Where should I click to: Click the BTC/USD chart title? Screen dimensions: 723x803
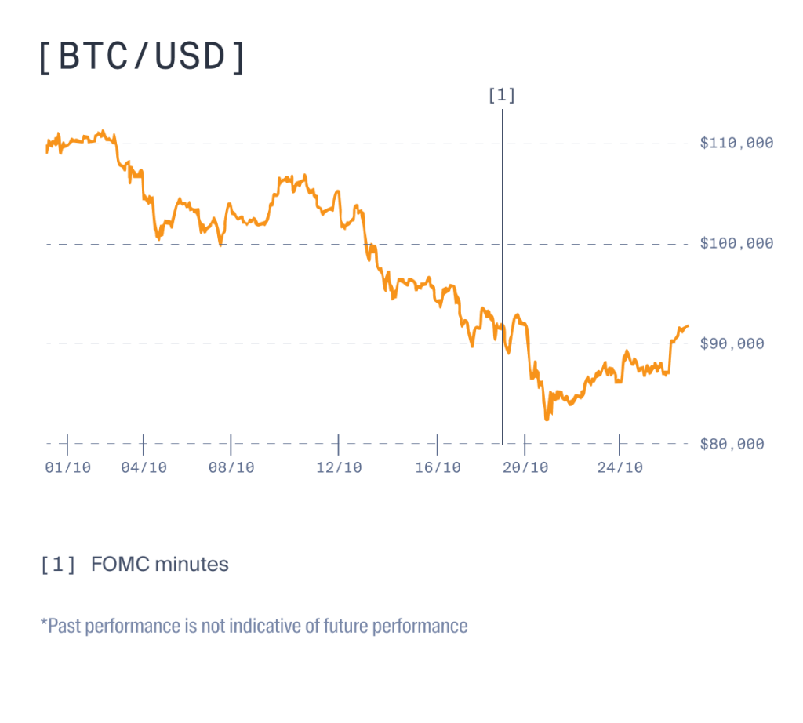(142, 59)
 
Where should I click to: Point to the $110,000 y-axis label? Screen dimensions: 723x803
(736, 143)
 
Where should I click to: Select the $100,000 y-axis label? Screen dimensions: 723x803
(736, 243)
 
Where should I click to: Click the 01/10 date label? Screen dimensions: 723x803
(68, 467)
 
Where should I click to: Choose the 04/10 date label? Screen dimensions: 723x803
(144, 467)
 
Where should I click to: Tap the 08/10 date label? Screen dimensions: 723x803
(231, 467)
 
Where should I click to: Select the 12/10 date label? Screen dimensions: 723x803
(339, 467)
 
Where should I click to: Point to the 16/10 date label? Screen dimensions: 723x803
(438, 467)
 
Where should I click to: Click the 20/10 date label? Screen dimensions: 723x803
(525, 467)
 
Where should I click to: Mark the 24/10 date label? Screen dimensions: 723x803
(620, 467)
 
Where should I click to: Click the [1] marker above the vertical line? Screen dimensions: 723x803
(502, 96)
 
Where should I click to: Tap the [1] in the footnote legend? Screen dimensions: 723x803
(58, 564)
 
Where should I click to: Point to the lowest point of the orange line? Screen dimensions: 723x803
(547, 419)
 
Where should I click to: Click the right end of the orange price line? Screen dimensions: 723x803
(688, 326)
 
